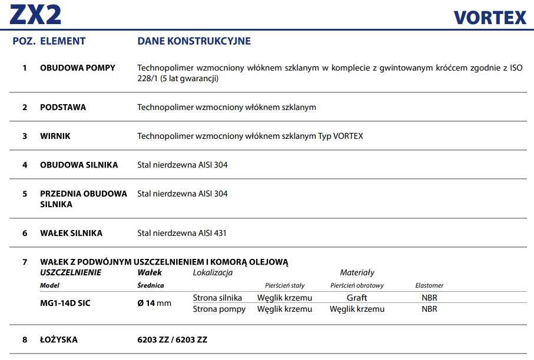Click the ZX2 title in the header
(36, 14)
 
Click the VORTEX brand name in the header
(490, 17)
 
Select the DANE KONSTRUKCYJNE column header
(194, 41)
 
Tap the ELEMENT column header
(62, 41)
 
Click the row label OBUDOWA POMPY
(78, 68)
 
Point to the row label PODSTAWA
(63, 107)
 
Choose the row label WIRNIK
(55, 136)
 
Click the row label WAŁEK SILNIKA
(71, 233)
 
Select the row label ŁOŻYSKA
(59, 339)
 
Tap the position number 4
(25, 165)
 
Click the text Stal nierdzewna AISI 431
(182, 233)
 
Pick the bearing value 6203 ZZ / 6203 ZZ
(172, 339)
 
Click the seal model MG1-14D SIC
(65, 303)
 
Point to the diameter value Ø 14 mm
(154, 303)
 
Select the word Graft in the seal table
(357, 298)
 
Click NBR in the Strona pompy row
(429, 309)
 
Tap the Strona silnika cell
(217, 298)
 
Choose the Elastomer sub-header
(429, 285)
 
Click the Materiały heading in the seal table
(357, 272)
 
